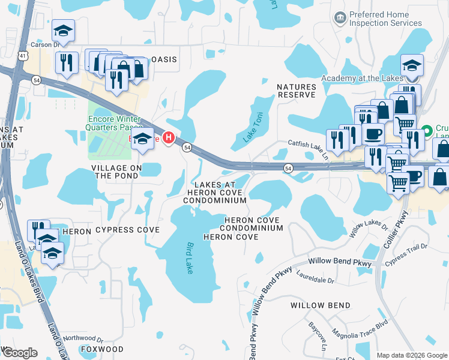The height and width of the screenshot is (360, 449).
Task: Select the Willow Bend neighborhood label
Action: tap(320, 305)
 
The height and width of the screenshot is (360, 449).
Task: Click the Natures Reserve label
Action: tap(296, 91)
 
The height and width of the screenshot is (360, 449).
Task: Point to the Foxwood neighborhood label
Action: tap(102, 349)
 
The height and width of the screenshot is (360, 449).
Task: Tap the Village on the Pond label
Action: tap(116, 172)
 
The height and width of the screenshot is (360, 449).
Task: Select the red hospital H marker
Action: tap(169, 139)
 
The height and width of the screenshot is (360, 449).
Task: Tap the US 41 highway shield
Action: tap(22, 56)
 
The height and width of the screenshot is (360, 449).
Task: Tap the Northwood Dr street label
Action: tap(83, 338)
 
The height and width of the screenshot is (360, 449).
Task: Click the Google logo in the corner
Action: tap(19, 353)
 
